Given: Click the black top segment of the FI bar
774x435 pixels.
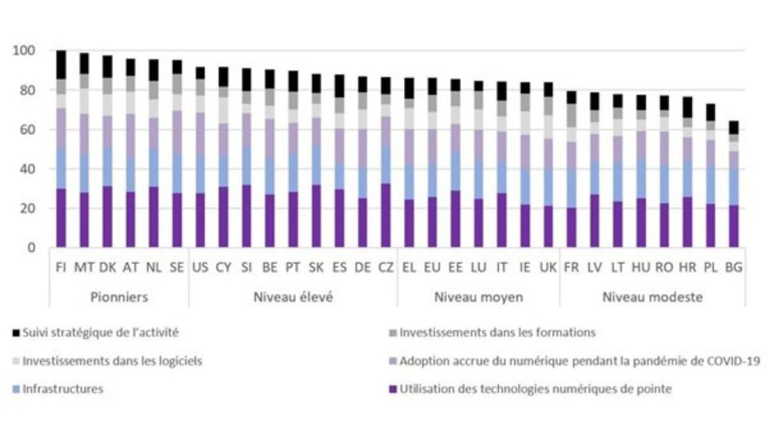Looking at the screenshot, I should click(62, 65).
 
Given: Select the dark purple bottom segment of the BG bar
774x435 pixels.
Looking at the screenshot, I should click(733, 226).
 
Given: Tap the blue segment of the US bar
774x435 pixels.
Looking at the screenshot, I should click(200, 174).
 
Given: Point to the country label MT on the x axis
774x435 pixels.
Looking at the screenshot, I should click(84, 268).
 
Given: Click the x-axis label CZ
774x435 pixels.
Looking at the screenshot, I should click(385, 268).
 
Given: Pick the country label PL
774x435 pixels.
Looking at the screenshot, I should click(710, 268).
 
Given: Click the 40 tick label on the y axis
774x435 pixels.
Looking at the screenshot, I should click(28, 169).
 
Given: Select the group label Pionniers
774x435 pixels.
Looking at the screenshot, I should click(119, 297).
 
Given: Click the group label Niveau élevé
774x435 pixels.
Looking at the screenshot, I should click(293, 297).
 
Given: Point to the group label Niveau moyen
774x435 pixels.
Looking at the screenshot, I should click(478, 297).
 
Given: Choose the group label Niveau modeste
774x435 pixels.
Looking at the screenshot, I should click(652, 297).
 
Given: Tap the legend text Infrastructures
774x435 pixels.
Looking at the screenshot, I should click(63, 389).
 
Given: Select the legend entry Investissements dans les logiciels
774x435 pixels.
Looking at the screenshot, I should click(112, 361).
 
